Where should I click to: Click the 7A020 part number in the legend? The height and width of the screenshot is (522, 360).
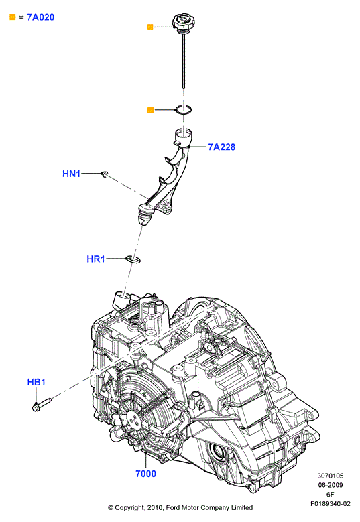click(x=41, y=17)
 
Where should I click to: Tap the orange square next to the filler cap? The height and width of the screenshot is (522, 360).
click(x=150, y=27)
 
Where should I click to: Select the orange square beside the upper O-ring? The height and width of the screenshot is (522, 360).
click(x=150, y=109)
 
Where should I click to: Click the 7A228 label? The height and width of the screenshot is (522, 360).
click(x=221, y=147)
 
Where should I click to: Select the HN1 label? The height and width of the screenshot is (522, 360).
click(x=71, y=174)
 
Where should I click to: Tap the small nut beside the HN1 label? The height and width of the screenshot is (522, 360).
click(x=104, y=174)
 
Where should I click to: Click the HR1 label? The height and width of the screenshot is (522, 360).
click(x=96, y=259)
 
